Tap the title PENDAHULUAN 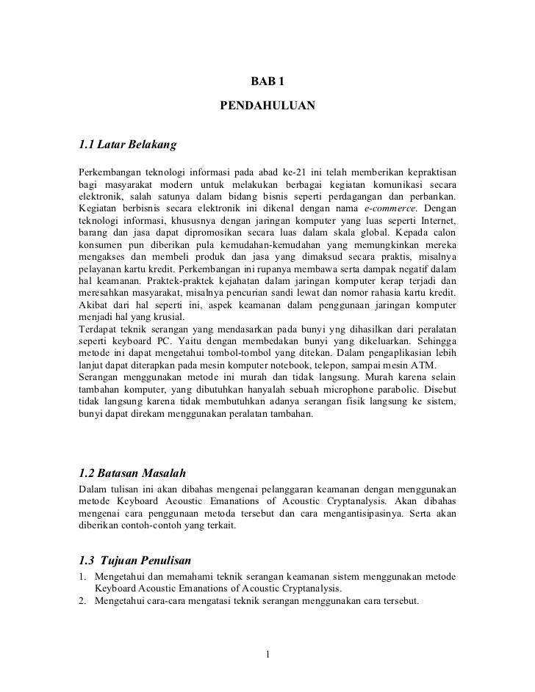pyautogui.click(x=267, y=107)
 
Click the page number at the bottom pyautogui.click(x=268, y=654)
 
